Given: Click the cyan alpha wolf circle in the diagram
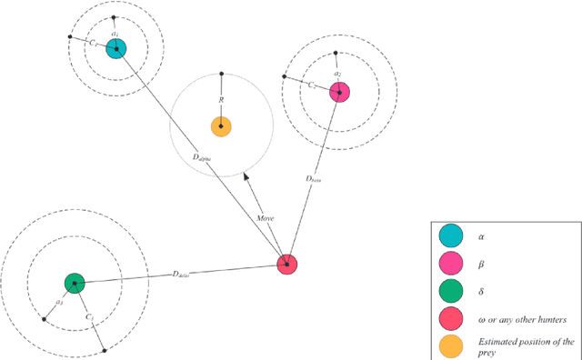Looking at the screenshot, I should [115, 49].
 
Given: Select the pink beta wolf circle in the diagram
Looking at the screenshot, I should [339, 92].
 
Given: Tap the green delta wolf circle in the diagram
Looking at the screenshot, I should [75, 284].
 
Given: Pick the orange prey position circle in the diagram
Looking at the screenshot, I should [220, 126].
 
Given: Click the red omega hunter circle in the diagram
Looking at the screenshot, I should [287, 265].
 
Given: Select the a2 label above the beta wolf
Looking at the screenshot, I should [337, 74].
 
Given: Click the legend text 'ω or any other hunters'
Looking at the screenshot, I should [515, 319].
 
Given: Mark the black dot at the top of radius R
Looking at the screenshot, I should [221, 72].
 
